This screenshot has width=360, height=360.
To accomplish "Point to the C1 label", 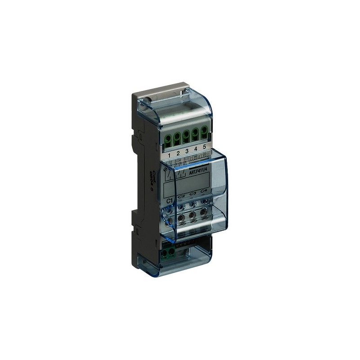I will pos(169,201).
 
